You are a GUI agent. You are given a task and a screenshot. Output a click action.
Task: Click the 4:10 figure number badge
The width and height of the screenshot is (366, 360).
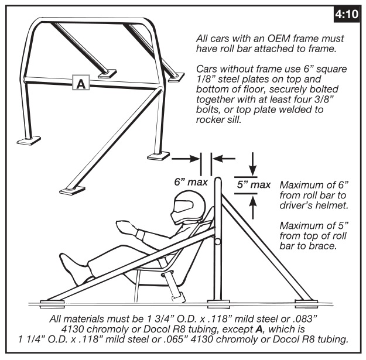pos(347,15)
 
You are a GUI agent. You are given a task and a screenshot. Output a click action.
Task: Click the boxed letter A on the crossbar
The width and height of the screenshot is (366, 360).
pos(81,83)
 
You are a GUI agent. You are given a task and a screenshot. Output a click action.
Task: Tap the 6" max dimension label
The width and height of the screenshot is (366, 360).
pos(191,182)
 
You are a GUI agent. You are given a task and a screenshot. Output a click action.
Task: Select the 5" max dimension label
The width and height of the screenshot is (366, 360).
pos(254,185)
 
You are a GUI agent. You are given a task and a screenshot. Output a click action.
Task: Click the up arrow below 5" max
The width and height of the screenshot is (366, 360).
pos(252,207)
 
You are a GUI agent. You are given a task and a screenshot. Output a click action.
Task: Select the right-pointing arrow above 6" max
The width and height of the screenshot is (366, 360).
pos(186,159)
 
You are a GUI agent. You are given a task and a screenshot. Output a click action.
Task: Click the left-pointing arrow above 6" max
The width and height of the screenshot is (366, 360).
pos(224,159)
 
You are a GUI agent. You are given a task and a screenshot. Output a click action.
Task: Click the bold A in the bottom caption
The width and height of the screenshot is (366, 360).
pos(259,329)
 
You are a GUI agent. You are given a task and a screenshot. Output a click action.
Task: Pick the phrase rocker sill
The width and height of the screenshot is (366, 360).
pos(218,119)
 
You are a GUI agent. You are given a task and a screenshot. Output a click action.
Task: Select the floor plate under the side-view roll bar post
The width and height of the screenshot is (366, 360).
pos(218,304)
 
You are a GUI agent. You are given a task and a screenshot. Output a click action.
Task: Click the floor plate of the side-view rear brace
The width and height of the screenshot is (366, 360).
pos(306,304)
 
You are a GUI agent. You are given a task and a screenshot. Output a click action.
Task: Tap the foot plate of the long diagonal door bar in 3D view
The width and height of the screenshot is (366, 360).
pos(72,191)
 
